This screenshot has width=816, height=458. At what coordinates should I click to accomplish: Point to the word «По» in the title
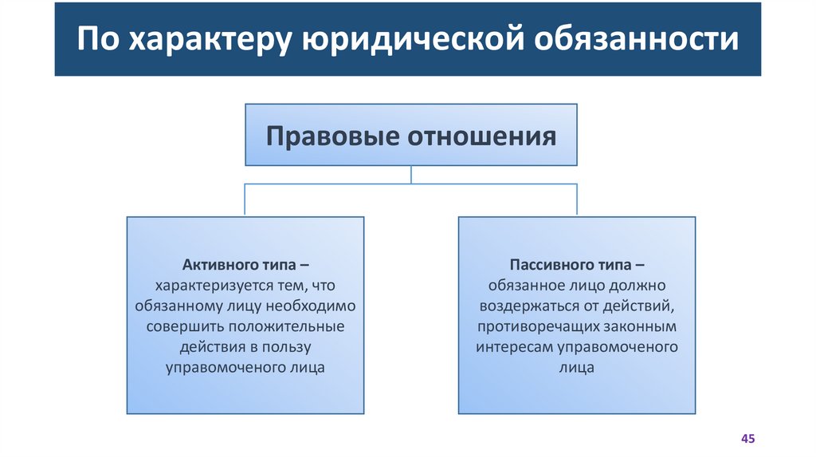tap(97, 40)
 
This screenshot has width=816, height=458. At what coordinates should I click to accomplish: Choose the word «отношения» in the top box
tap(482, 136)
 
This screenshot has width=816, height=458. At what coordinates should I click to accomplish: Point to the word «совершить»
tap(186, 326)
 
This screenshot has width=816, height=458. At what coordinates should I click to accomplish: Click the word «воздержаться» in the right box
tap(527, 306)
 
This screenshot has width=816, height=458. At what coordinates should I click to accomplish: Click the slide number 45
tap(747, 439)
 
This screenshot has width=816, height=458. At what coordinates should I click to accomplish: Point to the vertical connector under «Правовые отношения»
tap(410, 175)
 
